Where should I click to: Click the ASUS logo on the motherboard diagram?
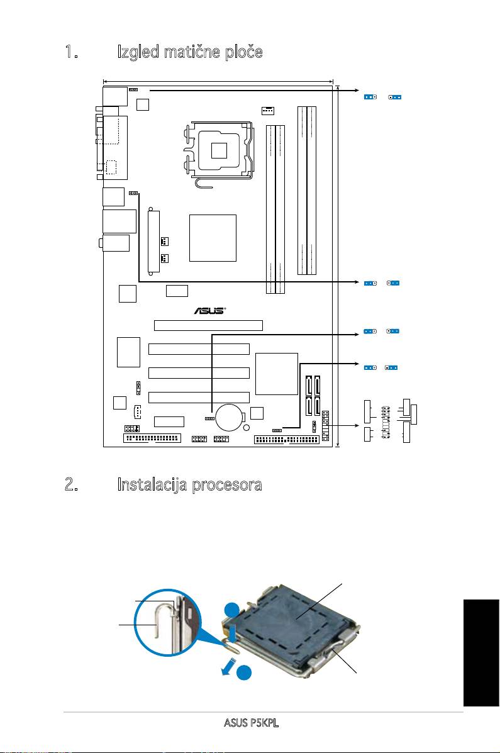click(x=209, y=311)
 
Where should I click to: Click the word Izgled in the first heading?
click(x=139, y=52)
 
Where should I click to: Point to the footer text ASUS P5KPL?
click(x=251, y=722)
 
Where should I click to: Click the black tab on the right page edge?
click(x=482, y=652)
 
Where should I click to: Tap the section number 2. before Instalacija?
click(x=72, y=484)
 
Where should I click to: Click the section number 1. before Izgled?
click(x=72, y=52)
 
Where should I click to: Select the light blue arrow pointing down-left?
click(x=230, y=667)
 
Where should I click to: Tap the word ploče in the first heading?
click(x=245, y=52)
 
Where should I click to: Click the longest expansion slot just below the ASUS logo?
click(x=208, y=325)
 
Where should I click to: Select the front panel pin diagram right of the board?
click(x=391, y=421)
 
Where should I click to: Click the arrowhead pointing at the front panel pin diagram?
click(x=357, y=425)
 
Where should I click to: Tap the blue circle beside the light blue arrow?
click(x=245, y=673)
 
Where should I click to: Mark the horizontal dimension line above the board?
click(x=218, y=82)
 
